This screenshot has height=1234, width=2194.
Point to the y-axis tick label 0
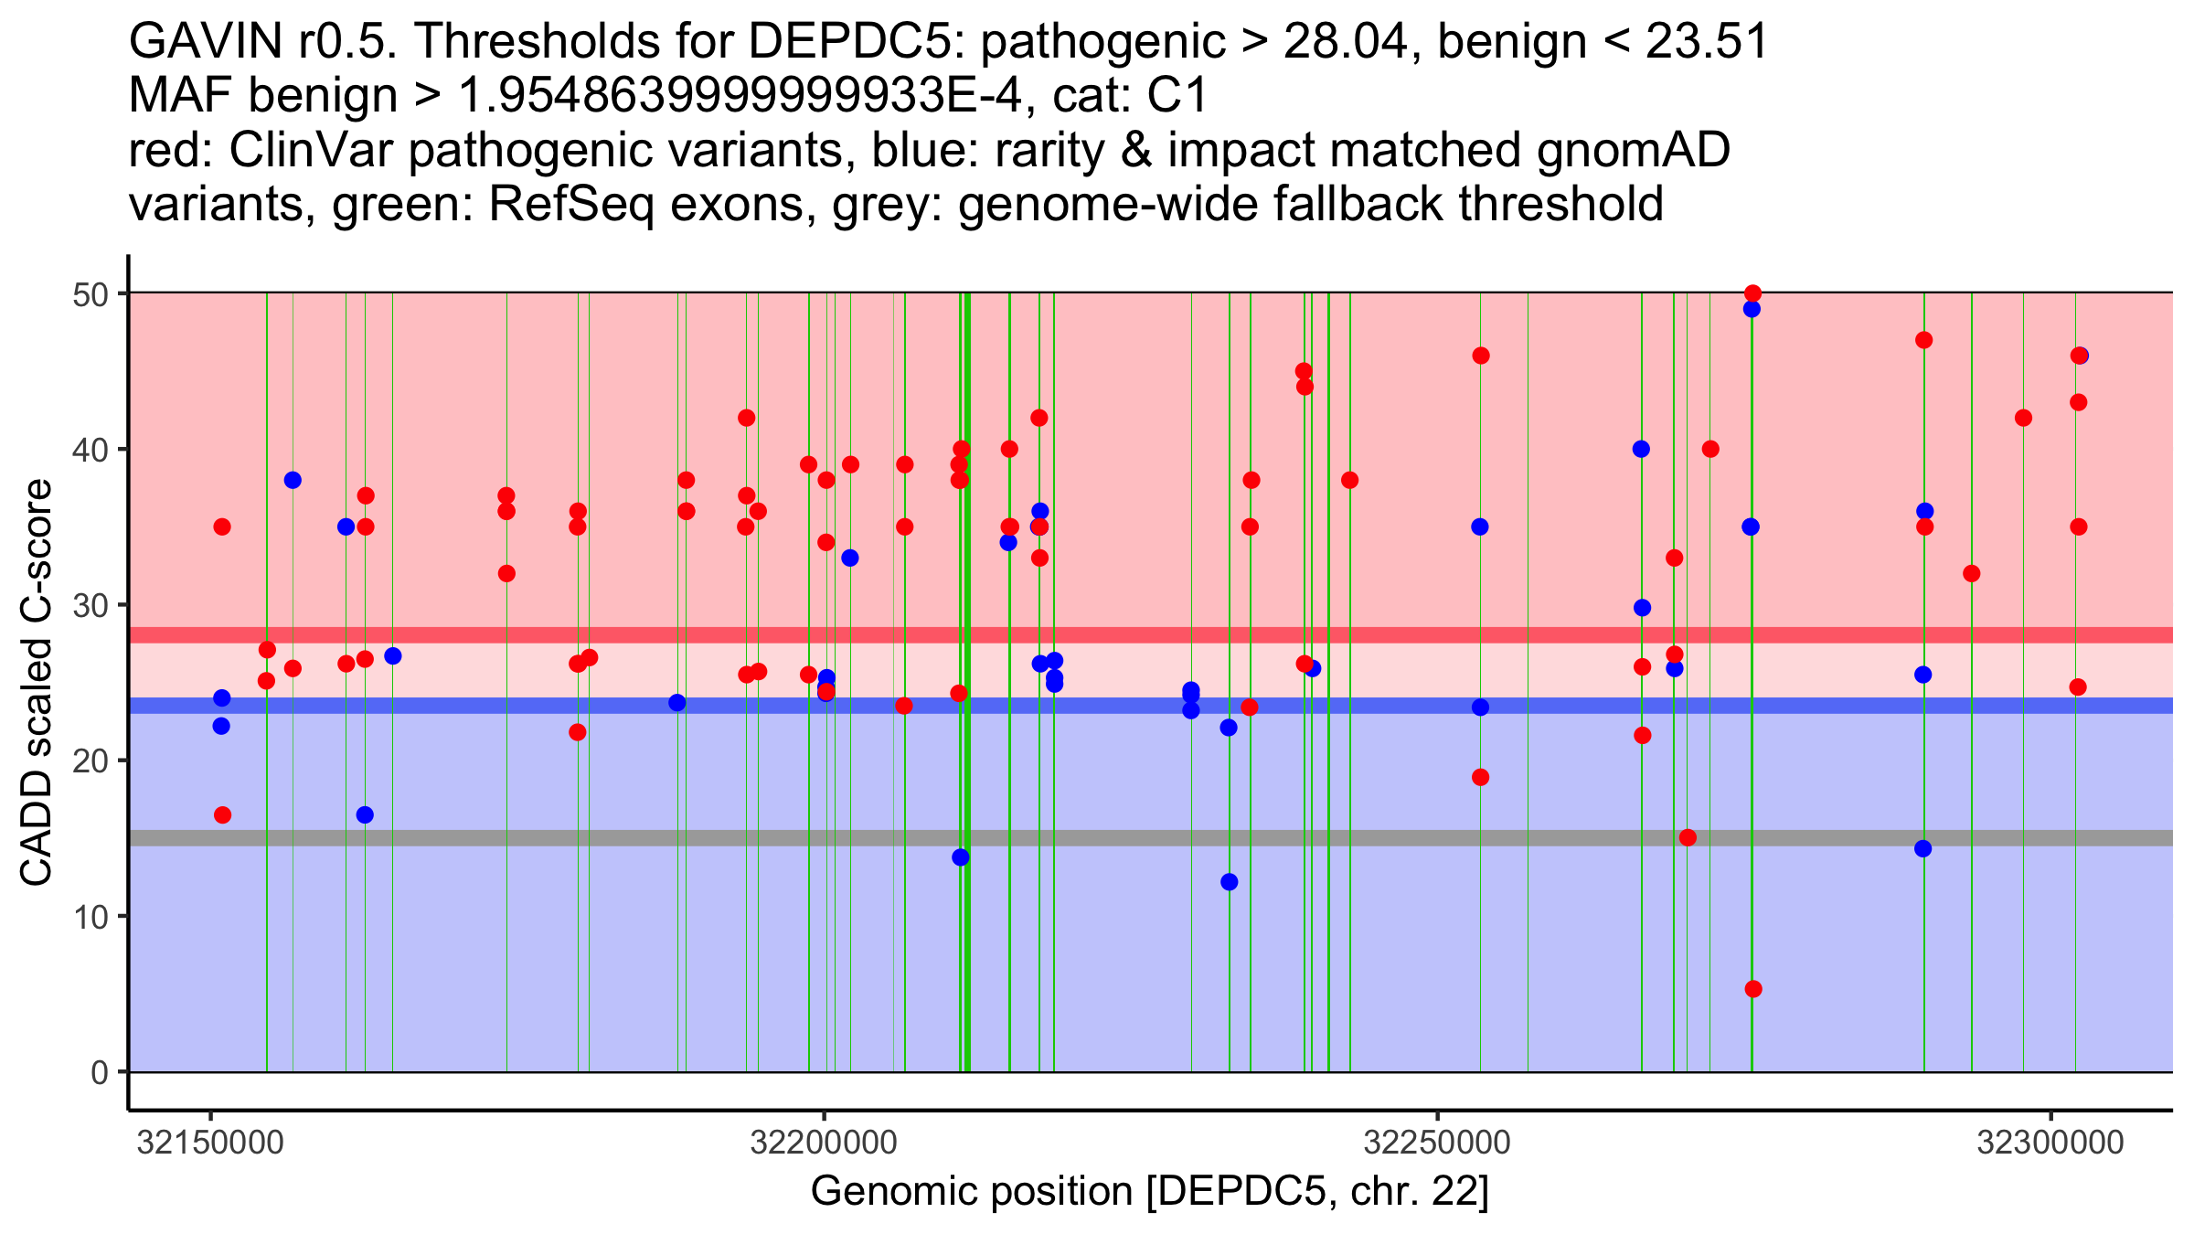99,1072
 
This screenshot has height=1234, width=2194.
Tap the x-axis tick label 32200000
825,1143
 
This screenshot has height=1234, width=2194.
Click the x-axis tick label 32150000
211,1143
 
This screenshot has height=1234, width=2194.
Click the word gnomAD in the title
1633,150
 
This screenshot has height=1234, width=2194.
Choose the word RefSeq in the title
571,204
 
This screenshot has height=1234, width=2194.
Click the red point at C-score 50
1752,293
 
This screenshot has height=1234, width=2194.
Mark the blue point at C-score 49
1752,309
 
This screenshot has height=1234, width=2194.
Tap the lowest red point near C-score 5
1753,989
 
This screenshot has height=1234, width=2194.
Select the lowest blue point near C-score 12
1230,882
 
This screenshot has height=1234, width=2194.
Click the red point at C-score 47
1923,340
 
